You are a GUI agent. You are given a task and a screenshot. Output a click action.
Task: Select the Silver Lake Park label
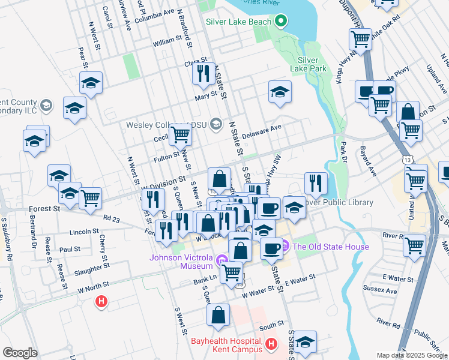312,64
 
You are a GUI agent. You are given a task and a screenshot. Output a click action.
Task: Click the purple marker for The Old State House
285,247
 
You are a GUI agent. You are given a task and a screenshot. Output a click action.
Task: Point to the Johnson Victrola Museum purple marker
222,260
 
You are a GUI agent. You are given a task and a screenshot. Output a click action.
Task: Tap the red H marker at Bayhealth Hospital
271,344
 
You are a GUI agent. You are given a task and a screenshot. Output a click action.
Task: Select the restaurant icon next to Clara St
203,74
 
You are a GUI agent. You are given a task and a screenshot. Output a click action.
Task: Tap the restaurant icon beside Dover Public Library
316,182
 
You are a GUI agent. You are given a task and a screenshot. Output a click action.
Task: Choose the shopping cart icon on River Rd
414,245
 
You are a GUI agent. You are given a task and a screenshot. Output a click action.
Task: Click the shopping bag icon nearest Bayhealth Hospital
220,314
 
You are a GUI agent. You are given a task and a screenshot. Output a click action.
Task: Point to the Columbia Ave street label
154,11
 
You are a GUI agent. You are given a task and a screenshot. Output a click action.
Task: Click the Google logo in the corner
20,353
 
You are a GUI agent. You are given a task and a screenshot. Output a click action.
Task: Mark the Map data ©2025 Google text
411,355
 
